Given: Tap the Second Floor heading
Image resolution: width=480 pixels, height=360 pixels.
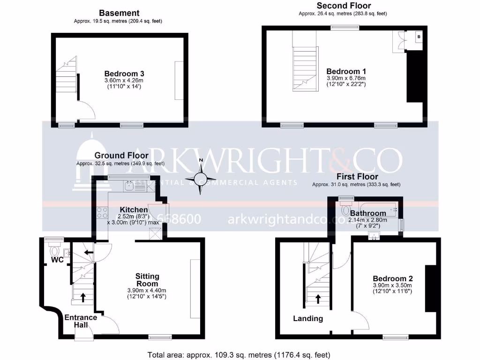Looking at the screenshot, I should click(x=344, y=6).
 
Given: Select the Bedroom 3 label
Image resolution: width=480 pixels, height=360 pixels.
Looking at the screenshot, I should click(x=124, y=74).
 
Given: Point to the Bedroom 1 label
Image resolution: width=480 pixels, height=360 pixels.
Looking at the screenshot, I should click(x=346, y=70).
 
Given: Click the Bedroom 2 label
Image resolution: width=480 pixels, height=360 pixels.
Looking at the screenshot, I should click(x=393, y=278).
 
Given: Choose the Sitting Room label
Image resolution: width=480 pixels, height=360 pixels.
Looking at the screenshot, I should click(x=147, y=280).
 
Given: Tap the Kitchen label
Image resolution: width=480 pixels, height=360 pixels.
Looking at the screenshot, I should click(x=135, y=209).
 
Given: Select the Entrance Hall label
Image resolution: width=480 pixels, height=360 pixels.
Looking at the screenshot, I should click(x=81, y=321).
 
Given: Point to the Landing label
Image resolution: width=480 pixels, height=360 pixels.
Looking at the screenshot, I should click(x=308, y=319).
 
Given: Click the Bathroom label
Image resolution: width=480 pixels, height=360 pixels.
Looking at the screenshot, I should click(x=368, y=213).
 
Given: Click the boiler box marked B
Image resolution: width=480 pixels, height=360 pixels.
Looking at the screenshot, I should click(x=419, y=36).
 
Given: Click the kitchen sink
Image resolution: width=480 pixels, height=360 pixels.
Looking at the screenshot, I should click(x=129, y=186).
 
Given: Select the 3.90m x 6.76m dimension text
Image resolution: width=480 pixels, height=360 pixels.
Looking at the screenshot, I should click(x=346, y=78).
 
